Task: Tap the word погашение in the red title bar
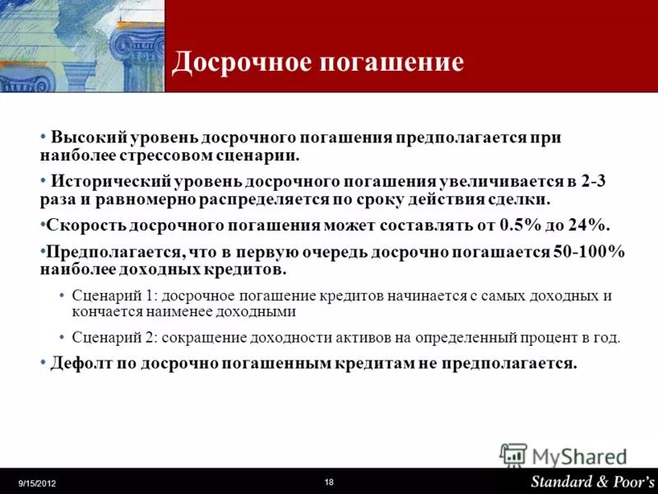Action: click(393, 63)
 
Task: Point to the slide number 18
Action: click(329, 482)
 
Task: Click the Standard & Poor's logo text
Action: click(592, 481)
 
